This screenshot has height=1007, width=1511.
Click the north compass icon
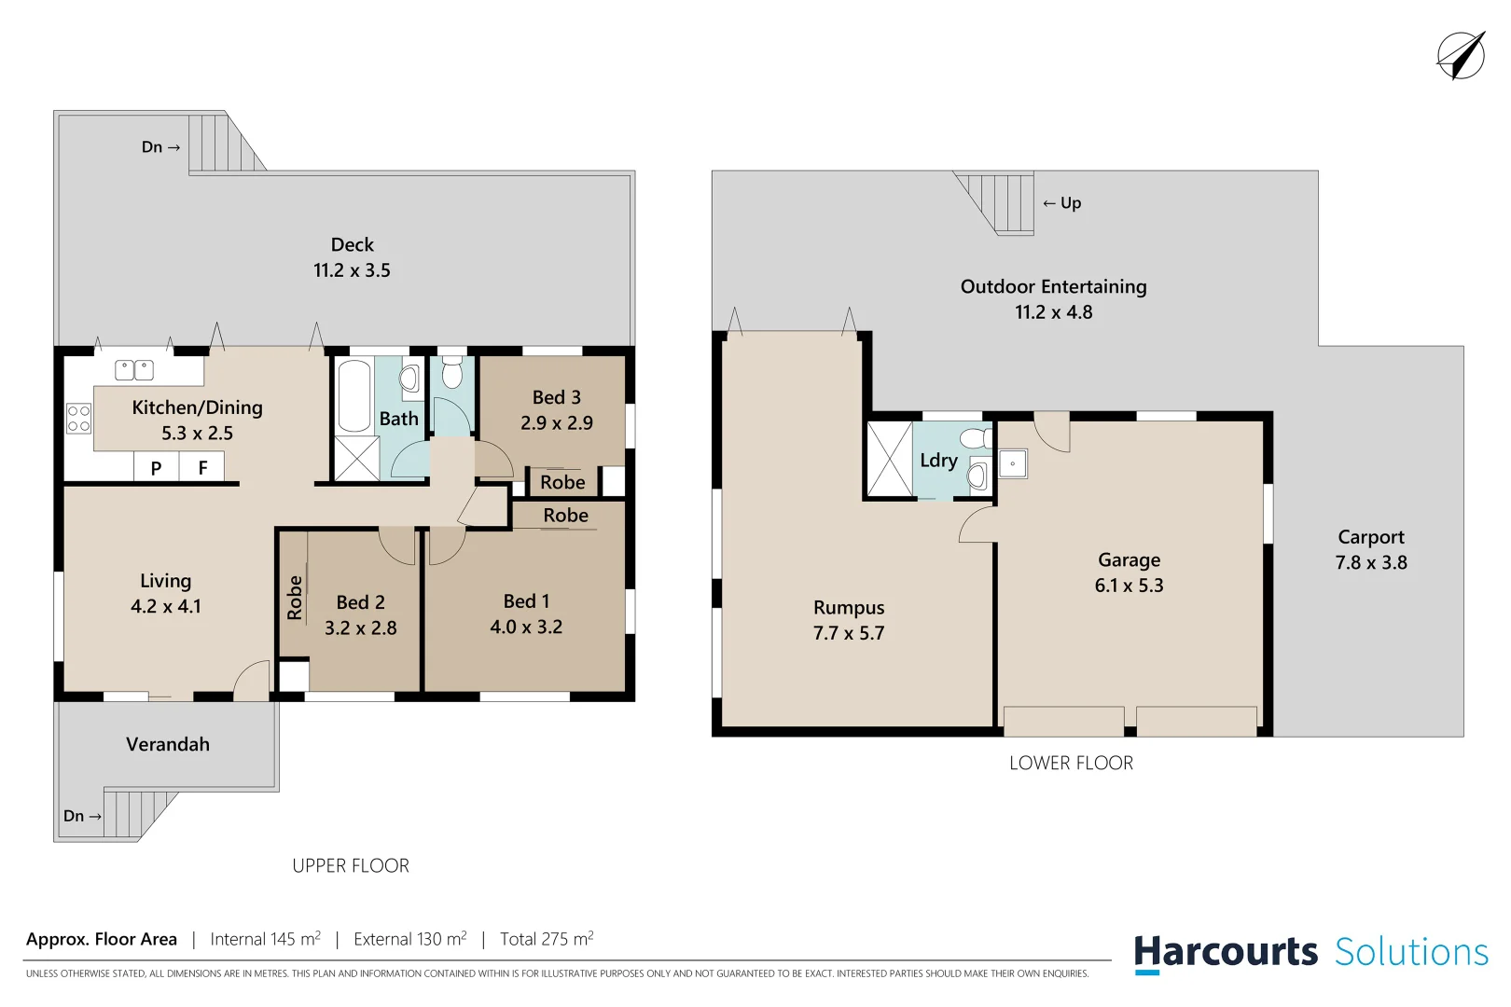[1460, 55]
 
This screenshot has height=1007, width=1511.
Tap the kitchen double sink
[134, 370]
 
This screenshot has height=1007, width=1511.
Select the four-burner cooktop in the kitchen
[79, 419]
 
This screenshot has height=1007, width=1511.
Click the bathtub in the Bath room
[354, 396]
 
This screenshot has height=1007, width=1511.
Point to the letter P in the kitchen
[157, 468]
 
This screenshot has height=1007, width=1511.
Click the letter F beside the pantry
[202, 468]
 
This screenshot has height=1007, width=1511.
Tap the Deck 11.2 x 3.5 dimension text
[352, 270]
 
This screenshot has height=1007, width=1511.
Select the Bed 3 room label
[556, 397]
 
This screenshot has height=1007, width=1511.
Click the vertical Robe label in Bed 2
[295, 598]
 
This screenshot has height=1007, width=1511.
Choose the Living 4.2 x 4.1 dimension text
[166, 606]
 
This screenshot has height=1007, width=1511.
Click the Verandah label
[168, 744]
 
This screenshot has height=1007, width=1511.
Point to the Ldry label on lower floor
[938, 460]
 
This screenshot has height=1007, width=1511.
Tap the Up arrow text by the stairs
[1062, 202]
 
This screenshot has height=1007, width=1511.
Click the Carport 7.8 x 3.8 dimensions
[1370, 562]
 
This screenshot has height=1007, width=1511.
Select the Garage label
[1129, 559]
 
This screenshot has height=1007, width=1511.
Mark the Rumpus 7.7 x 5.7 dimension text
[848, 633]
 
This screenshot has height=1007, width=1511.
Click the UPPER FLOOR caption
[351, 865]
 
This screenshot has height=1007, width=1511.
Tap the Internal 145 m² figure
[265, 939]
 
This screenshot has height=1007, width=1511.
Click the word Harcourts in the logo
[1226, 952]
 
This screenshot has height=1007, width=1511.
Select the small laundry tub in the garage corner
[1013, 463]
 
